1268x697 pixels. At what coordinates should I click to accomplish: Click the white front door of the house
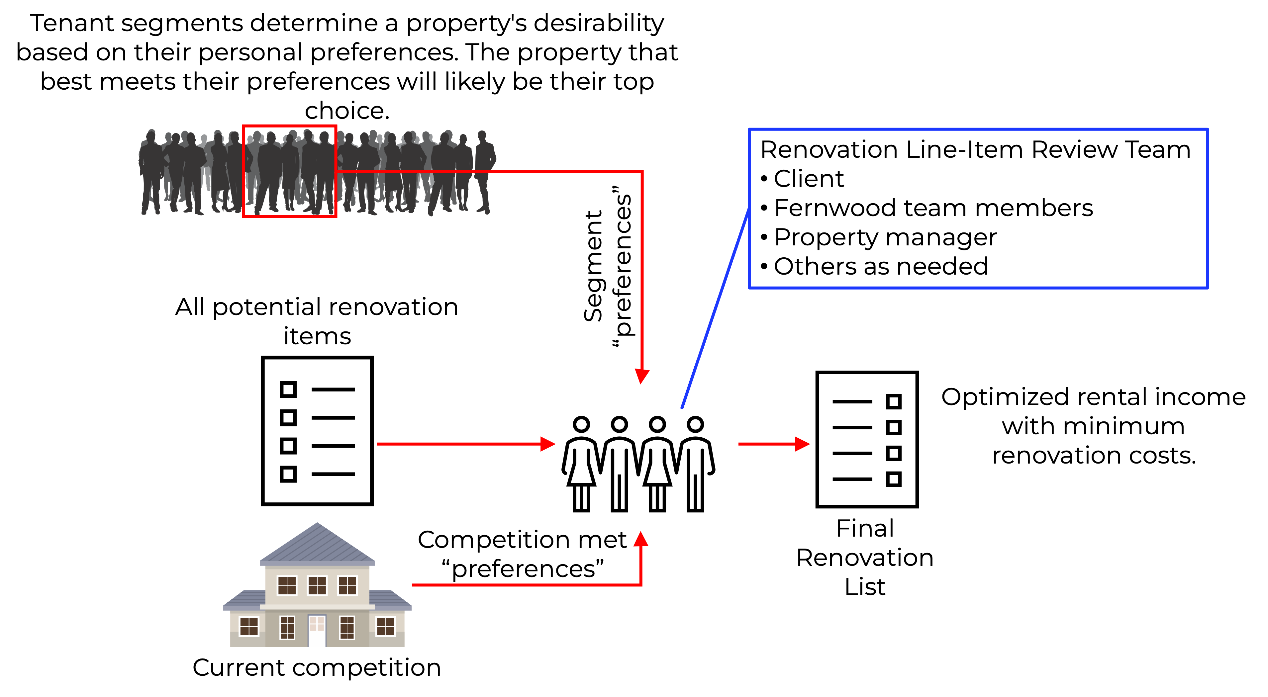coord(317,631)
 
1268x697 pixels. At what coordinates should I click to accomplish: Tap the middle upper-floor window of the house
coord(317,585)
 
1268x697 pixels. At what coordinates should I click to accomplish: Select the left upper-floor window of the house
coord(287,585)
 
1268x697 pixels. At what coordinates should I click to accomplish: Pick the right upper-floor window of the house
coord(347,585)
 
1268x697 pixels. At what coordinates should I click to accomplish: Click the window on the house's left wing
coord(248,627)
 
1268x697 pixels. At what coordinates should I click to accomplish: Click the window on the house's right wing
coord(385,627)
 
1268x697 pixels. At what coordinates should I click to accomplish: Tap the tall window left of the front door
coord(287,628)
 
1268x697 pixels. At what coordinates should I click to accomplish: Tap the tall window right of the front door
coord(347,628)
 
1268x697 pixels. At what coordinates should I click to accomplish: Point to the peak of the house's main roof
coord(317,523)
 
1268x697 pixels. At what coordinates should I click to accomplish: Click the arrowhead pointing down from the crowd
coord(642,376)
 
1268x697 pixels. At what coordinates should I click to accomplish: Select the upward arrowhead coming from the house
coord(640,539)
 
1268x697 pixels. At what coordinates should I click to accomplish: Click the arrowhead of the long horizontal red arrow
coord(548,444)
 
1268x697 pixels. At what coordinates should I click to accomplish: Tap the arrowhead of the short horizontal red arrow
coord(802,444)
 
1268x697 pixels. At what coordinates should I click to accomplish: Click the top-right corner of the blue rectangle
coord(1208,130)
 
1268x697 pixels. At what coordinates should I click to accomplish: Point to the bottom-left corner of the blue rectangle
coord(749,288)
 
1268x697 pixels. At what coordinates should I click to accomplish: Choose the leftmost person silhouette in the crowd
coord(150,172)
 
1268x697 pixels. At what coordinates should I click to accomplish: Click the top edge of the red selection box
coord(289,126)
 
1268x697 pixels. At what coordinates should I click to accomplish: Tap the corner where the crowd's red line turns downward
coord(642,171)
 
